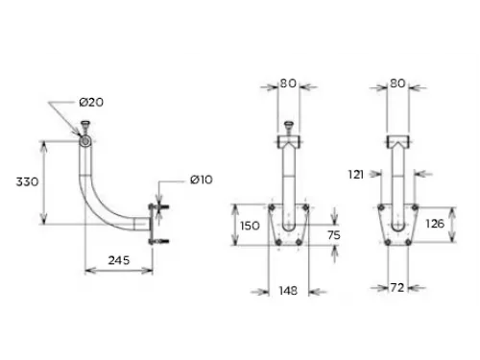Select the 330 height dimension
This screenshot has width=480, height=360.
coord(27,182)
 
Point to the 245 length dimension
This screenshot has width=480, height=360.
coord(118,260)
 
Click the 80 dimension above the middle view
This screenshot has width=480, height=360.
coord(288,84)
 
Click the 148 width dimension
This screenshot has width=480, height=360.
coord(287,290)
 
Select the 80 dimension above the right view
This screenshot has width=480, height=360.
coord(397,84)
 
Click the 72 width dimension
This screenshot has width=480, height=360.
coord(397,288)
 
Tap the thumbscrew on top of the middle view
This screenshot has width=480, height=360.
coord(288,125)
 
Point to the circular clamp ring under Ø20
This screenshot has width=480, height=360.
coord(87,142)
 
